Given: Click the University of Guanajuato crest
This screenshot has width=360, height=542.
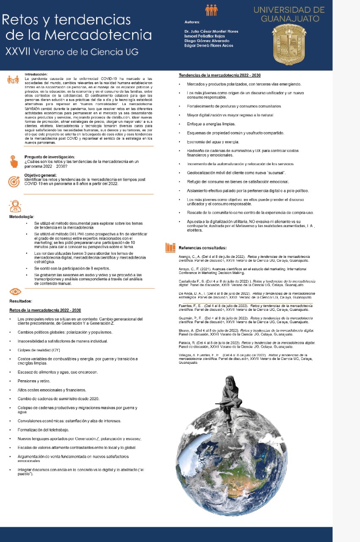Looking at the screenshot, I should [x=289, y=44].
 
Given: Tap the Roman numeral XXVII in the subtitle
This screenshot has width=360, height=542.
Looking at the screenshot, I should [x=17, y=52].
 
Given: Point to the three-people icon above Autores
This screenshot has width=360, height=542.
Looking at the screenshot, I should [x=210, y=10].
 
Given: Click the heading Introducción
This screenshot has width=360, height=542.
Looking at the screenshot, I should [x=36, y=74].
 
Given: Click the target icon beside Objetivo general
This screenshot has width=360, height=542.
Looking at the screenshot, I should [x=14, y=181].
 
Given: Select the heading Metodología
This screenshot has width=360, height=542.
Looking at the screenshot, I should [x=22, y=216].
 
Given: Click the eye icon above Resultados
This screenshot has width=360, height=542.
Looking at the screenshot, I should [x=15, y=292].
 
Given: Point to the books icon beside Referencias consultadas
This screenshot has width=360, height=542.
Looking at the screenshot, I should [x=170, y=247].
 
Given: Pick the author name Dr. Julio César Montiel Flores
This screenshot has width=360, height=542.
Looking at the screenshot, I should [x=211, y=31].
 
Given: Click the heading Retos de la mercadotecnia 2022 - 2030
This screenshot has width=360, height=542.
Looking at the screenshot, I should [x=45, y=310].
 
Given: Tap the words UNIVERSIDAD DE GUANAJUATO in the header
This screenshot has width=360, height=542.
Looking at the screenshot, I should [x=289, y=14].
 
